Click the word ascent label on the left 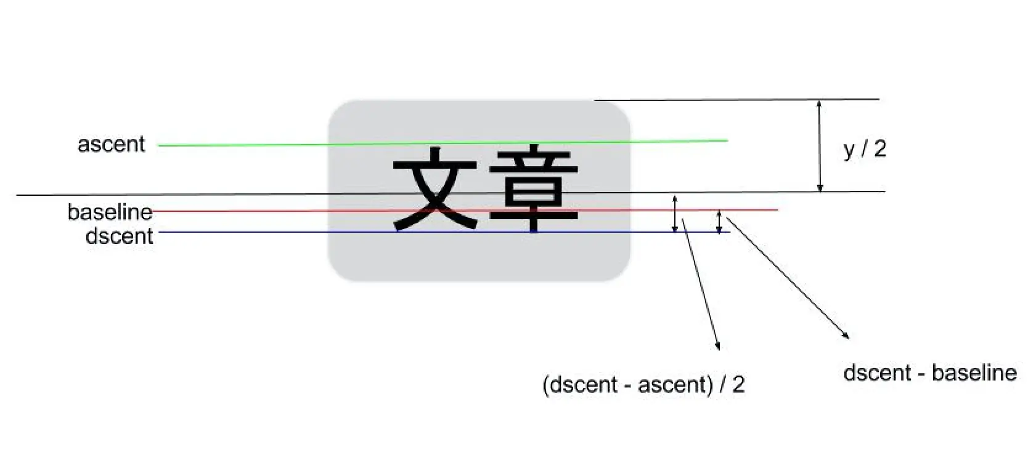coord(111,144)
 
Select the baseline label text coord(110,212)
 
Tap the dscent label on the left coord(119,236)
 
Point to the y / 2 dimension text coord(865,149)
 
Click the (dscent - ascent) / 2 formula coord(643,384)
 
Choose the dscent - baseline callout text coord(929,372)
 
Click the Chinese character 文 coord(435,188)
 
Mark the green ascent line coord(247,145)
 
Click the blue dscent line coord(247,232)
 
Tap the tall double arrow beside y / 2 coord(819,146)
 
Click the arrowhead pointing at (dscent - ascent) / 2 coord(717,346)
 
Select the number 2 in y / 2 coord(880,148)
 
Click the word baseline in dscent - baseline coord(974,372)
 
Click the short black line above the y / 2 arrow coord(736,99)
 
